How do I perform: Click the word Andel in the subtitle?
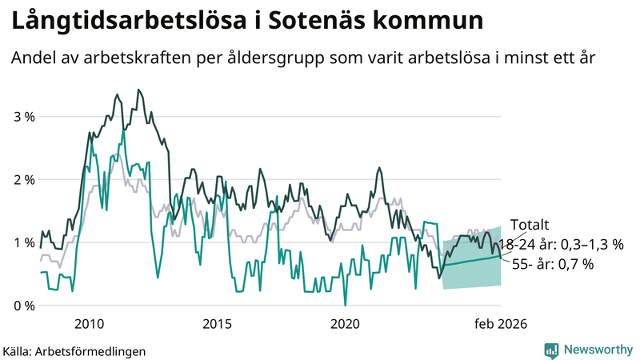[x=34, y=59]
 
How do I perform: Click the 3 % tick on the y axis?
[x=23, y=117]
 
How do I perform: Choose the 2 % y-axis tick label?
[x=23, y=180]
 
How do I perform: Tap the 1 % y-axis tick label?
[x=23, y=242]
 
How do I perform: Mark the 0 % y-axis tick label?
[x=23, y=306]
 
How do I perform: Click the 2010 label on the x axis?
[x=89, y=323]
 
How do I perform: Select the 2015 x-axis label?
[x=217, y=323]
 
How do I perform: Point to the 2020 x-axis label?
[x=345, y=323]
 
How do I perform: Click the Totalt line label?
[x=530, y=226]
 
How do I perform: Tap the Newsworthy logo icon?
[x=551, y=350]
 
